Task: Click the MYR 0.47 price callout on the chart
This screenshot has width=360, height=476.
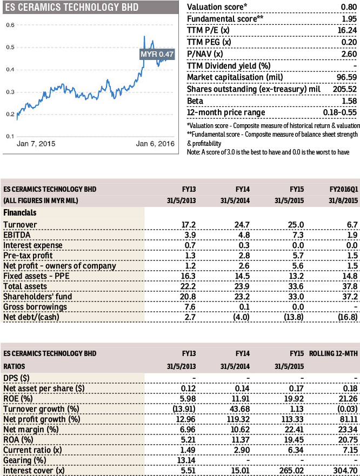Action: point(157,54)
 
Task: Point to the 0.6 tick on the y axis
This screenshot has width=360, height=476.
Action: point(10,25)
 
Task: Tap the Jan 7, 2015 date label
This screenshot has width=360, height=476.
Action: point(36,144)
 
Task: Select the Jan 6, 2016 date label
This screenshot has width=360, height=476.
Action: point(155,144)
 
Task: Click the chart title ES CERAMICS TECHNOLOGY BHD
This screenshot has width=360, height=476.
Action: point(72,7)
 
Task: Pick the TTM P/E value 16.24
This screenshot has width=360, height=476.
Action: point(347,30)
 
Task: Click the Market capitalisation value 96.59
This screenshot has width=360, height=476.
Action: point(346,77)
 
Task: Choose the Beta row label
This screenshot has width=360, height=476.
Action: point(195,101)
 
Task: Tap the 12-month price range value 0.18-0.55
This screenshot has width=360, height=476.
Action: point(340,112)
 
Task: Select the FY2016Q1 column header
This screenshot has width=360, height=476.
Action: point(344,190)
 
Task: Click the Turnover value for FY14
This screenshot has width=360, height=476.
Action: point(242,225)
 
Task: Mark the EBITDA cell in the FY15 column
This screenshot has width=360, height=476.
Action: point(298,235)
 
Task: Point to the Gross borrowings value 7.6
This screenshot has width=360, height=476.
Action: point(190,307)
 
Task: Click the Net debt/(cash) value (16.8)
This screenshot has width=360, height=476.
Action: point(348,317)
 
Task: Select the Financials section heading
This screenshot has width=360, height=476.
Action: point(20,213)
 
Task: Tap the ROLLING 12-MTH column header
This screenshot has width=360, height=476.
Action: point(334,354)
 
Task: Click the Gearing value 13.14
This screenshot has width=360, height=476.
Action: point(186,460)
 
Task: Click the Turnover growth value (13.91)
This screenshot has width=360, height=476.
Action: point(184,409)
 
